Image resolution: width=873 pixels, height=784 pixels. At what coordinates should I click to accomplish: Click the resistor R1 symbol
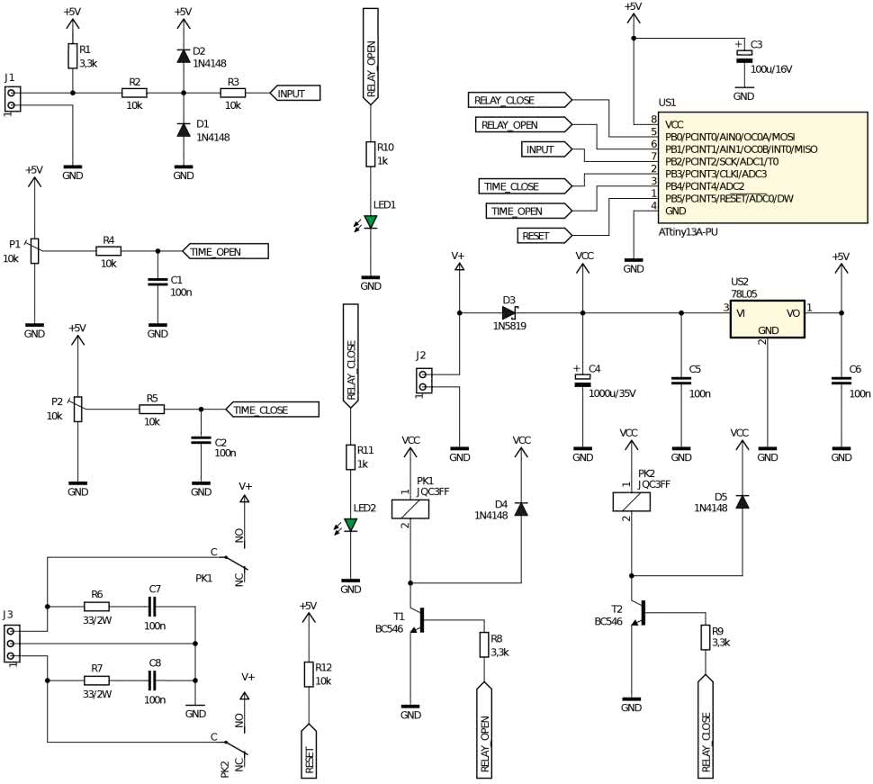(x=72, y=57)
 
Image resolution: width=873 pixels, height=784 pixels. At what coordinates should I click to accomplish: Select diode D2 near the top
(x=183, y=56)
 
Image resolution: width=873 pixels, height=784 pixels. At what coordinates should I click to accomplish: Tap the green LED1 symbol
(x=370, y=221)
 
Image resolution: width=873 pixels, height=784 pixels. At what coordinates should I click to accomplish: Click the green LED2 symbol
(x=350, y=525)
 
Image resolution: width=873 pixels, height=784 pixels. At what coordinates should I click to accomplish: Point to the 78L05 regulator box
(x=767, y=320)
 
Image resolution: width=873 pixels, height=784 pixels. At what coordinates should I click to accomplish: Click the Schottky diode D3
(x=510, y=312)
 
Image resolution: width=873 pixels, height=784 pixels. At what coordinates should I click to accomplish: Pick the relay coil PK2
(x=632, y=501)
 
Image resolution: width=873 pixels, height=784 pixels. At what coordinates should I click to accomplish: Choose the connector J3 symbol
(x=11, y=644)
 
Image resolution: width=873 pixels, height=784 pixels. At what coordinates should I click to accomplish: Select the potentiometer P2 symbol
(x=77, y=410)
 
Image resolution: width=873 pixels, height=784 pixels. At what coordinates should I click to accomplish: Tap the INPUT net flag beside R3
(x=295, y=93)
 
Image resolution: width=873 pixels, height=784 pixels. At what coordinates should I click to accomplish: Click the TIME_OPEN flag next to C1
(x=224, y=251)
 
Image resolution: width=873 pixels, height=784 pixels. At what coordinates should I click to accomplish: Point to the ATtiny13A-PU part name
(x=694, y=231)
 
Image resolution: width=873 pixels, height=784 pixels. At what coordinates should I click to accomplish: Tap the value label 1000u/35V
(x=612, y=393)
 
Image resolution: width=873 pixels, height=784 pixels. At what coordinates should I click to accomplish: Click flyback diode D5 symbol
(x=742, y=501)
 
